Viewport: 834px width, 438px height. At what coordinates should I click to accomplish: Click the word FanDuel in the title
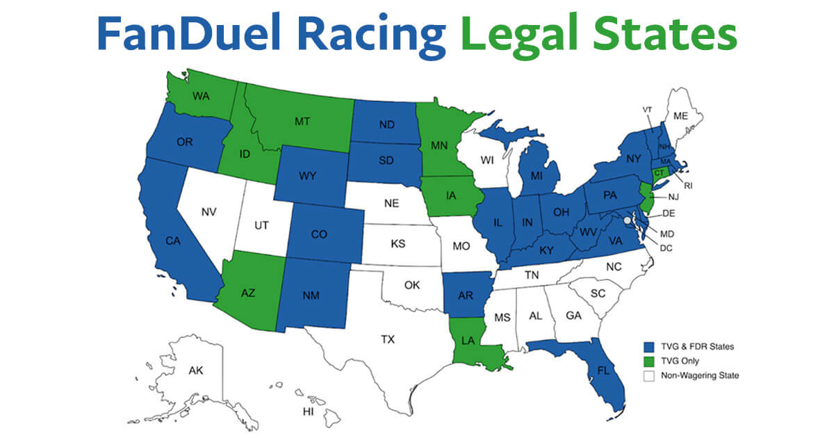click(188, 33)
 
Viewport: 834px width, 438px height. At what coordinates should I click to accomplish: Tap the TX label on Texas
click(387, 339)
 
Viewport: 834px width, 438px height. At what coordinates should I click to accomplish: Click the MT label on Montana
click(302, 121)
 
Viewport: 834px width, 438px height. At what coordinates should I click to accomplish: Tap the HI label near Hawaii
click(308, 412)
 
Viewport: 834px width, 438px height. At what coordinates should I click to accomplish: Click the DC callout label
click(666, 248)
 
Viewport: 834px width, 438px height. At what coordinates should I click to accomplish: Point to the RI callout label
click(689, 186)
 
